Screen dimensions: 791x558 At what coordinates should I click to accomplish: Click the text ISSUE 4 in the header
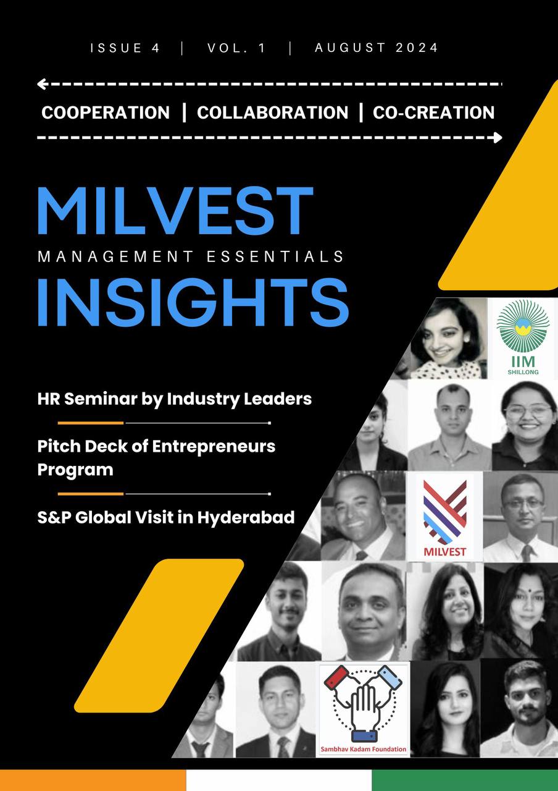click(x=125, y=48)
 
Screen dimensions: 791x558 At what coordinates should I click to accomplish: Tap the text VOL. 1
click(x=237, y=48)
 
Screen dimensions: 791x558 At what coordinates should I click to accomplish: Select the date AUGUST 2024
click(x=377, y=48)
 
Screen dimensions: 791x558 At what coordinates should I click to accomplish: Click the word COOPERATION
click(x=106, y=112)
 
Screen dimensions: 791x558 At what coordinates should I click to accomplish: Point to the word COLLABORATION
click(x=272, y=112)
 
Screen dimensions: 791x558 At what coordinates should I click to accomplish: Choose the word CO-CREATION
click(x=433, y=112)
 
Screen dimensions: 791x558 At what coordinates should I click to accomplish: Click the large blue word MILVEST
click(x=175, y=211)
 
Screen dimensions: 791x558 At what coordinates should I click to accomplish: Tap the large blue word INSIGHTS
click(x=193, y=303)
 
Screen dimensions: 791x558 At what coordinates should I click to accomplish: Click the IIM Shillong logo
click(x=522, y=337)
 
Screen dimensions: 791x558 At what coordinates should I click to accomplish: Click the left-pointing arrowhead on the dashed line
click(x=42, y=84)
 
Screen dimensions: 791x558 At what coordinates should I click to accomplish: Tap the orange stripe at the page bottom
click(x=93, y=780)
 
